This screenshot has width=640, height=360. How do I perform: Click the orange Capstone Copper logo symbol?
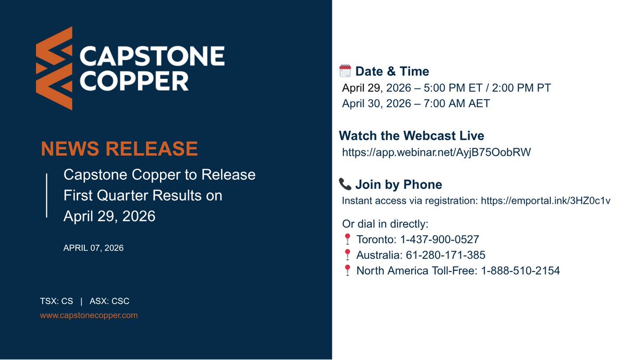[x=54, y=68]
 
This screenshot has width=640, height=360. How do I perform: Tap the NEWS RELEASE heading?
[x=119, y=149]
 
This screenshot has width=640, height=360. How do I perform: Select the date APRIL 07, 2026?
[x=93, y=248]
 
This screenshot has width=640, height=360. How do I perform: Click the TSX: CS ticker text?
[x=57, y=301]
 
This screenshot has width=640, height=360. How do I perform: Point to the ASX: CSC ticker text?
[x=109, y=301]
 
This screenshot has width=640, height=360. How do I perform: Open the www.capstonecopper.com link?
[x=89, y=315]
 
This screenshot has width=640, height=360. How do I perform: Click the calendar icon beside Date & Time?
[x=345, y=71]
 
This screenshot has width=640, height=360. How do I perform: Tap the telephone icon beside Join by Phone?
[x=345, y=185]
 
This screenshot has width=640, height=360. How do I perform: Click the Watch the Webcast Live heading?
[x=411, y=135]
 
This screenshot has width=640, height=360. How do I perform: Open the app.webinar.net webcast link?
[x=436, y=153]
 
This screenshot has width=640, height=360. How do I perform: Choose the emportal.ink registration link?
[x=545, y=201]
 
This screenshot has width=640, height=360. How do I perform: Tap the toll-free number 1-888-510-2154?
[x=520, y=270]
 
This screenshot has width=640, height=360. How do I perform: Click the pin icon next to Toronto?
[x=347, y=239]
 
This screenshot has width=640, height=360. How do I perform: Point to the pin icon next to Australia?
[x=347, y=255]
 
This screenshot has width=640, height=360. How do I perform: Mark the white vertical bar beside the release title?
[x=47, y=195]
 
